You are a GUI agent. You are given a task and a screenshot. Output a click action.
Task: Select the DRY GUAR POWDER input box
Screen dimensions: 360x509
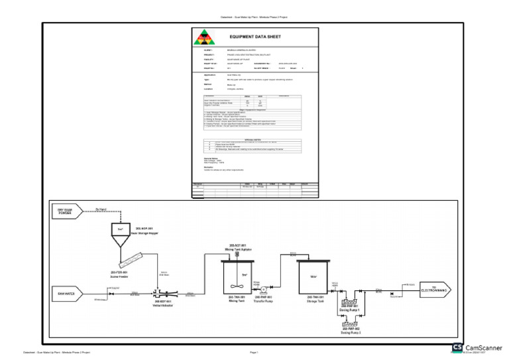click(65, 211)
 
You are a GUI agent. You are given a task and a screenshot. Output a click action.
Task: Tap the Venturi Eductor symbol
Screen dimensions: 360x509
click(161, 292)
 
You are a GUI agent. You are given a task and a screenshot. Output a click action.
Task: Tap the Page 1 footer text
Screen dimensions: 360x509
click(254, 353)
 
